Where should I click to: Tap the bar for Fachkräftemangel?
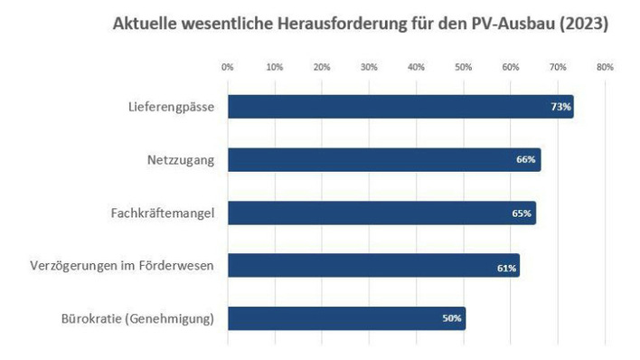(381, 213)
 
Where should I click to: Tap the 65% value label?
(522, 213)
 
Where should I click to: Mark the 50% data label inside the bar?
(452, 318)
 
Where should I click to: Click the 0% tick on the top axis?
(228, 67)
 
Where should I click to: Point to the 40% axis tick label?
(416, 67)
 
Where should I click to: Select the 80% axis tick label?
(605, 67)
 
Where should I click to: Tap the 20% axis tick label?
(322, 67)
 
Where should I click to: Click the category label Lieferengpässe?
(171, 108)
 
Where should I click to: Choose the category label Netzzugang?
(181, 160)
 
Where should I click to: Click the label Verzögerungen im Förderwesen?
(127, 266)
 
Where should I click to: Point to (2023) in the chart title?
(584, 24)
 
